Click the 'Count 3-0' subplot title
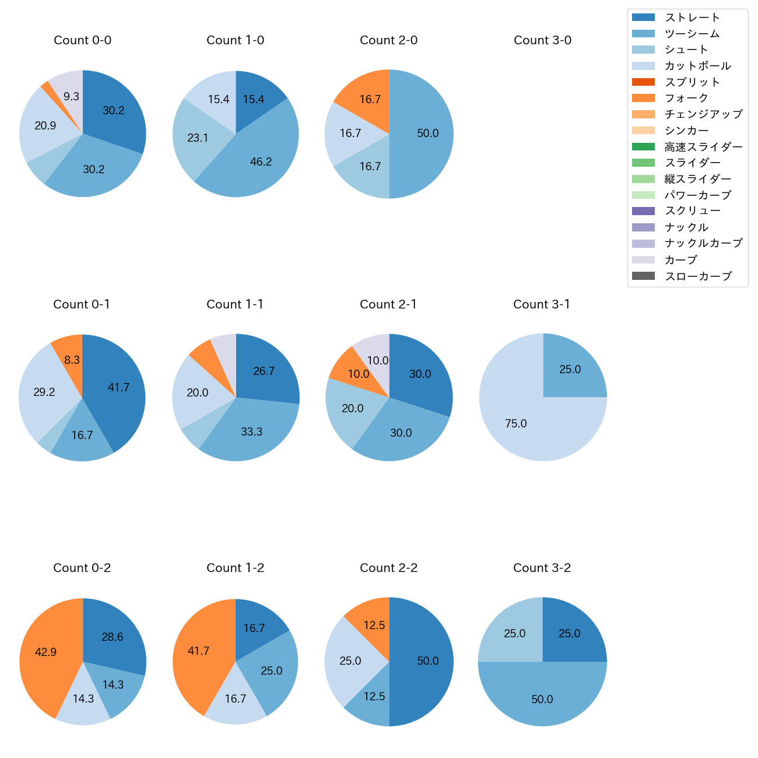click(x=542, y=40)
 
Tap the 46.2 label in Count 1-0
click(x=261, y=162)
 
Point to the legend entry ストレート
click(x=692, y=17)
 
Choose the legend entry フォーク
click(x=686, y=98)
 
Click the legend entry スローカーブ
click(x=698, y=276)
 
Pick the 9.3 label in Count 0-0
click(x=71, y=97)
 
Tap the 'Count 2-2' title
click(x=389, y=568)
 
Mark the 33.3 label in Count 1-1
click(x=251, y=432)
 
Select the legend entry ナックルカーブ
click(x=703, y=244)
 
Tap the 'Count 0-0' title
click(x=83, y=40)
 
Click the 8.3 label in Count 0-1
click(x=72, y=360)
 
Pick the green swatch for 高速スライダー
click(x=643, y=147)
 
